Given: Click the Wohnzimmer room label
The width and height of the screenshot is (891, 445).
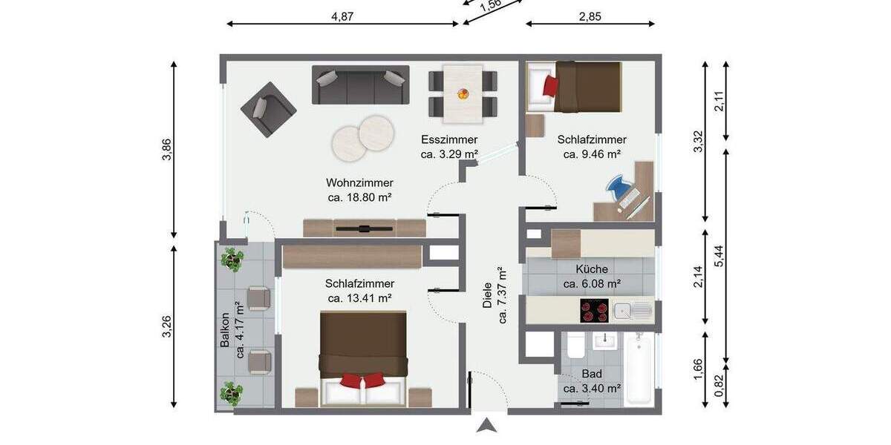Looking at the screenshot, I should [359, 183].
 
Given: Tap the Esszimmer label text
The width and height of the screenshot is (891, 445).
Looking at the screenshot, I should [448, 139].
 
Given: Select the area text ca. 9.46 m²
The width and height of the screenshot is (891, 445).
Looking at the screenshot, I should [591, 154].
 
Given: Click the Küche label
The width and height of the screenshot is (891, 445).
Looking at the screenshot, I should [591, 269].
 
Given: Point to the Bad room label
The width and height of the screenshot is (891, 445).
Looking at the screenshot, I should [591, 374].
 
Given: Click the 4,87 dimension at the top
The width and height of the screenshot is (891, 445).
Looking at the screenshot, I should [342, 17].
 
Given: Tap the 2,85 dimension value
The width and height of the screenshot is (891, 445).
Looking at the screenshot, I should [590, 17].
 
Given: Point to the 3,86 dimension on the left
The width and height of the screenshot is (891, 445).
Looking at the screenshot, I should [168, 149].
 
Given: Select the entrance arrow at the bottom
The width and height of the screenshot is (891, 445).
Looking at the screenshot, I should [486, 426].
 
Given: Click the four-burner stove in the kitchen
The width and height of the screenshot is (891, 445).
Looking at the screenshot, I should [593, 311].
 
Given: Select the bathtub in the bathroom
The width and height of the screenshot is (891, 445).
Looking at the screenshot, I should [639, 369].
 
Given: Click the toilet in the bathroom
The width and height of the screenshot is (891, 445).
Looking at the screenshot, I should [574, 346].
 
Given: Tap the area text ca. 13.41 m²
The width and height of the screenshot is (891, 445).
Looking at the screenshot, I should [359, 298].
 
